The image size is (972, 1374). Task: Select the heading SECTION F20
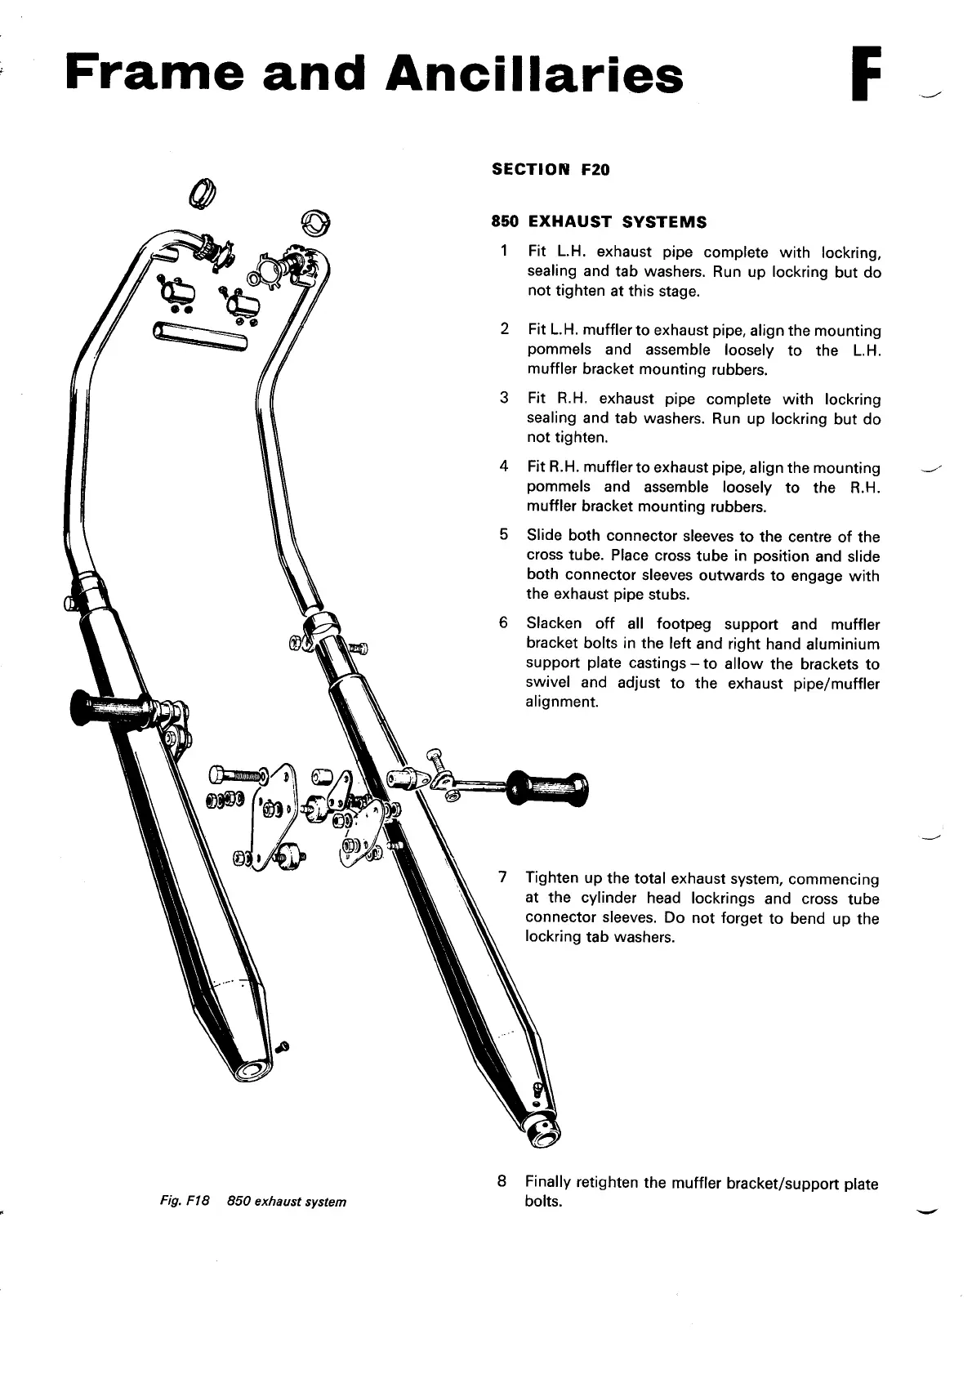[551, 170]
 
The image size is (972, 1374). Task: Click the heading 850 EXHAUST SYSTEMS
[599, 222]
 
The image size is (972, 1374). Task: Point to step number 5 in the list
[505, 535]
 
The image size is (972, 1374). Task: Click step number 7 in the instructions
[505, 878]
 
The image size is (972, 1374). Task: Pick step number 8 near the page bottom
[502, 1181]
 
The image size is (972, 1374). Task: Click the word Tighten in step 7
[552, 879]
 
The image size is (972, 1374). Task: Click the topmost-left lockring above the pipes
[201, 193]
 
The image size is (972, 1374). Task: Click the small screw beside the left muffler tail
[283, 1046]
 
